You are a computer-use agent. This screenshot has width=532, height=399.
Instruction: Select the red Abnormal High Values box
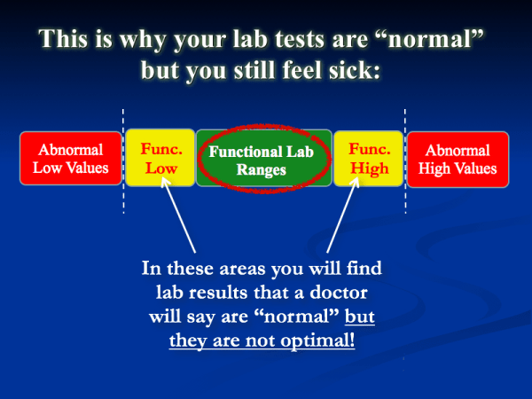(458, 158)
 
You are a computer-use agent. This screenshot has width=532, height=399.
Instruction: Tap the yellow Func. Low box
(160, 158)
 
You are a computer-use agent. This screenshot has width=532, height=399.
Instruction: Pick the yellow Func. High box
(368, 158)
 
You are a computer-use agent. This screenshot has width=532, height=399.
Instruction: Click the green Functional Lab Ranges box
(263, 158)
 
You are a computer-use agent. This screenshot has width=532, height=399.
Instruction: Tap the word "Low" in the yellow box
(160, 168)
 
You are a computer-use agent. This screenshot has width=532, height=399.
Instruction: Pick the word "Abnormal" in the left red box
(69, 149)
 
